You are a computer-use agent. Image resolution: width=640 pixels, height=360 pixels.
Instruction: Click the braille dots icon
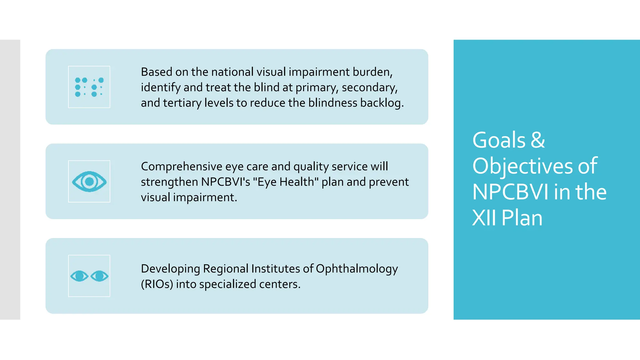[x=89, y=87]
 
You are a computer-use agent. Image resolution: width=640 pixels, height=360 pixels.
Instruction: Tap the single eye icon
[x=89, y=182]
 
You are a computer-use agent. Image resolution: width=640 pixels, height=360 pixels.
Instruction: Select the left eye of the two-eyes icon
[x=79, y=276]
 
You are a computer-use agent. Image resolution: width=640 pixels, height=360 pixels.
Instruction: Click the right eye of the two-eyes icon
[x=99, y=276]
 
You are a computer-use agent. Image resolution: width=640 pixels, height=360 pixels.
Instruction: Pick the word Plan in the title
[x=522, y=218]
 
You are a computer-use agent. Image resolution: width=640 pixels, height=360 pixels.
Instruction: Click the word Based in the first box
[x=157, y=72]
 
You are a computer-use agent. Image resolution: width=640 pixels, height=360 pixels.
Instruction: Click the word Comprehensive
[x=182, y=167]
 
